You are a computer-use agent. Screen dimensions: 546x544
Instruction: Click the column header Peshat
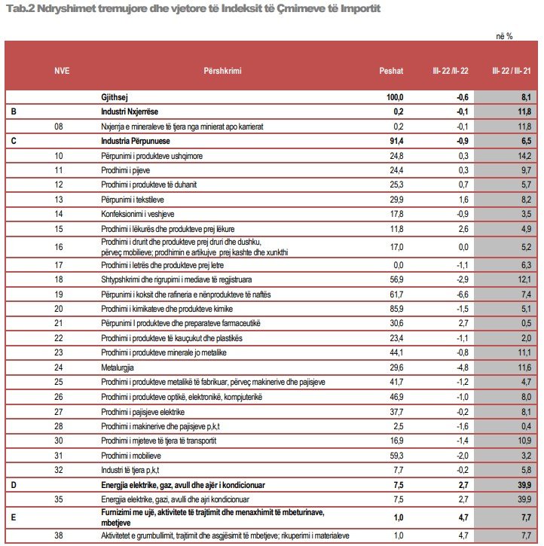tap(391, 71)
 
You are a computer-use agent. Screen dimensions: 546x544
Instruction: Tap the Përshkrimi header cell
tap(223, 71)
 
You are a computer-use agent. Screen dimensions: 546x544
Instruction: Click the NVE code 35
tap(60, 499)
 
